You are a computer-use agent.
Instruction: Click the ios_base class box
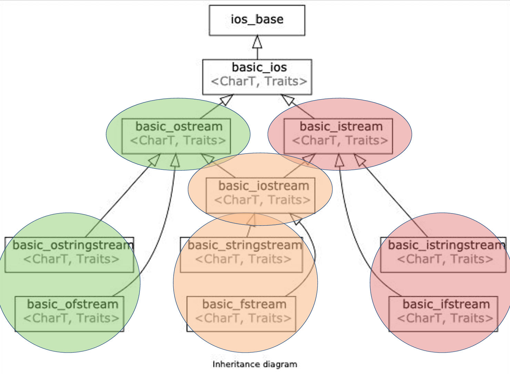257,20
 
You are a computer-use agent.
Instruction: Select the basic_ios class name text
259,67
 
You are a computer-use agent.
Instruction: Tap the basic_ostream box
176,136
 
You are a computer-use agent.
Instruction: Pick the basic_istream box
338,136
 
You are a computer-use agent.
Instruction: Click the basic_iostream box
261,196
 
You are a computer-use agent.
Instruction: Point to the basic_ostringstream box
69,255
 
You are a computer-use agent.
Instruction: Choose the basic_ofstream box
70,314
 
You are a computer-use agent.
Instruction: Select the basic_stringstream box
242,255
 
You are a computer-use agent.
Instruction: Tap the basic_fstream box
241,314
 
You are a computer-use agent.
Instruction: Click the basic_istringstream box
443,255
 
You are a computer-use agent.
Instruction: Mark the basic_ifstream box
443,314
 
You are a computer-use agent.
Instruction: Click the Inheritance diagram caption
255,364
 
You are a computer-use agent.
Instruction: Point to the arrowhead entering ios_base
257,42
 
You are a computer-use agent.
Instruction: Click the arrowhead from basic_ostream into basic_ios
226,100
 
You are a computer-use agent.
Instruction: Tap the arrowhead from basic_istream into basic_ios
288,100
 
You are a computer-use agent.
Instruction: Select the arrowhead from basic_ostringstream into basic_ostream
154,160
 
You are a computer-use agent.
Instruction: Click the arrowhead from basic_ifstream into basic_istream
339,160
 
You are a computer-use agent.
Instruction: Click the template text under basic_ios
259,81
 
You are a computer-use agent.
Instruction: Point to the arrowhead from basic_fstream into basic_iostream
295,219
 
